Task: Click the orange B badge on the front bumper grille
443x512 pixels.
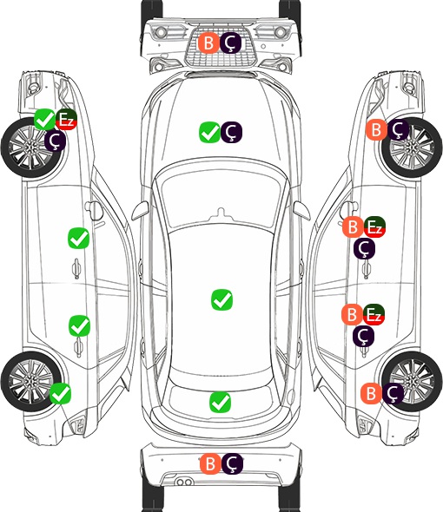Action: (208, 43)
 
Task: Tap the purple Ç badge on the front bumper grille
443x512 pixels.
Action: (230, 43)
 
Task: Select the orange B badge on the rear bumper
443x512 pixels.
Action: (210, 463)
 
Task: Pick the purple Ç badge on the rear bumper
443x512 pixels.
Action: (232, 463)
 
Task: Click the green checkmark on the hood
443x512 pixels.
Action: (209, 132)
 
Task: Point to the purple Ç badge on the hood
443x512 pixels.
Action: (231, 132)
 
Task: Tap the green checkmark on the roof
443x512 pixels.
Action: (222, 299)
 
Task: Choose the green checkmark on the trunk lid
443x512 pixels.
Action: (220, 403)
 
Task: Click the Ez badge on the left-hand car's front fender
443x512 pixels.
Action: (66, 119)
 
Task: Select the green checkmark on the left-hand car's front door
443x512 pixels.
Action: (78, 239)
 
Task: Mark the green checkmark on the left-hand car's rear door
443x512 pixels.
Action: (79, 325)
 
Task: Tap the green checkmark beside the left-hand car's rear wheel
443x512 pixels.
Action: (61, 393)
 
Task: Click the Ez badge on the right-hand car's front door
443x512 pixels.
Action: (374, 227)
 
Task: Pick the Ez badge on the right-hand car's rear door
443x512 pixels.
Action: (374, 314)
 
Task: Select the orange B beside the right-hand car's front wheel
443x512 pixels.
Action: (376, 129)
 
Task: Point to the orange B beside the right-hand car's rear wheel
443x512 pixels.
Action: (372, 393)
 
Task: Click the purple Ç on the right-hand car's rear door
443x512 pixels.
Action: (364, 336)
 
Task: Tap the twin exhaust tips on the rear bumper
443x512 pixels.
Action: (184, 482)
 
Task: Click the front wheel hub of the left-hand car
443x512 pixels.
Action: (30, 148)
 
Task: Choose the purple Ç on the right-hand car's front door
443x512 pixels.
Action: (365, 248)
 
